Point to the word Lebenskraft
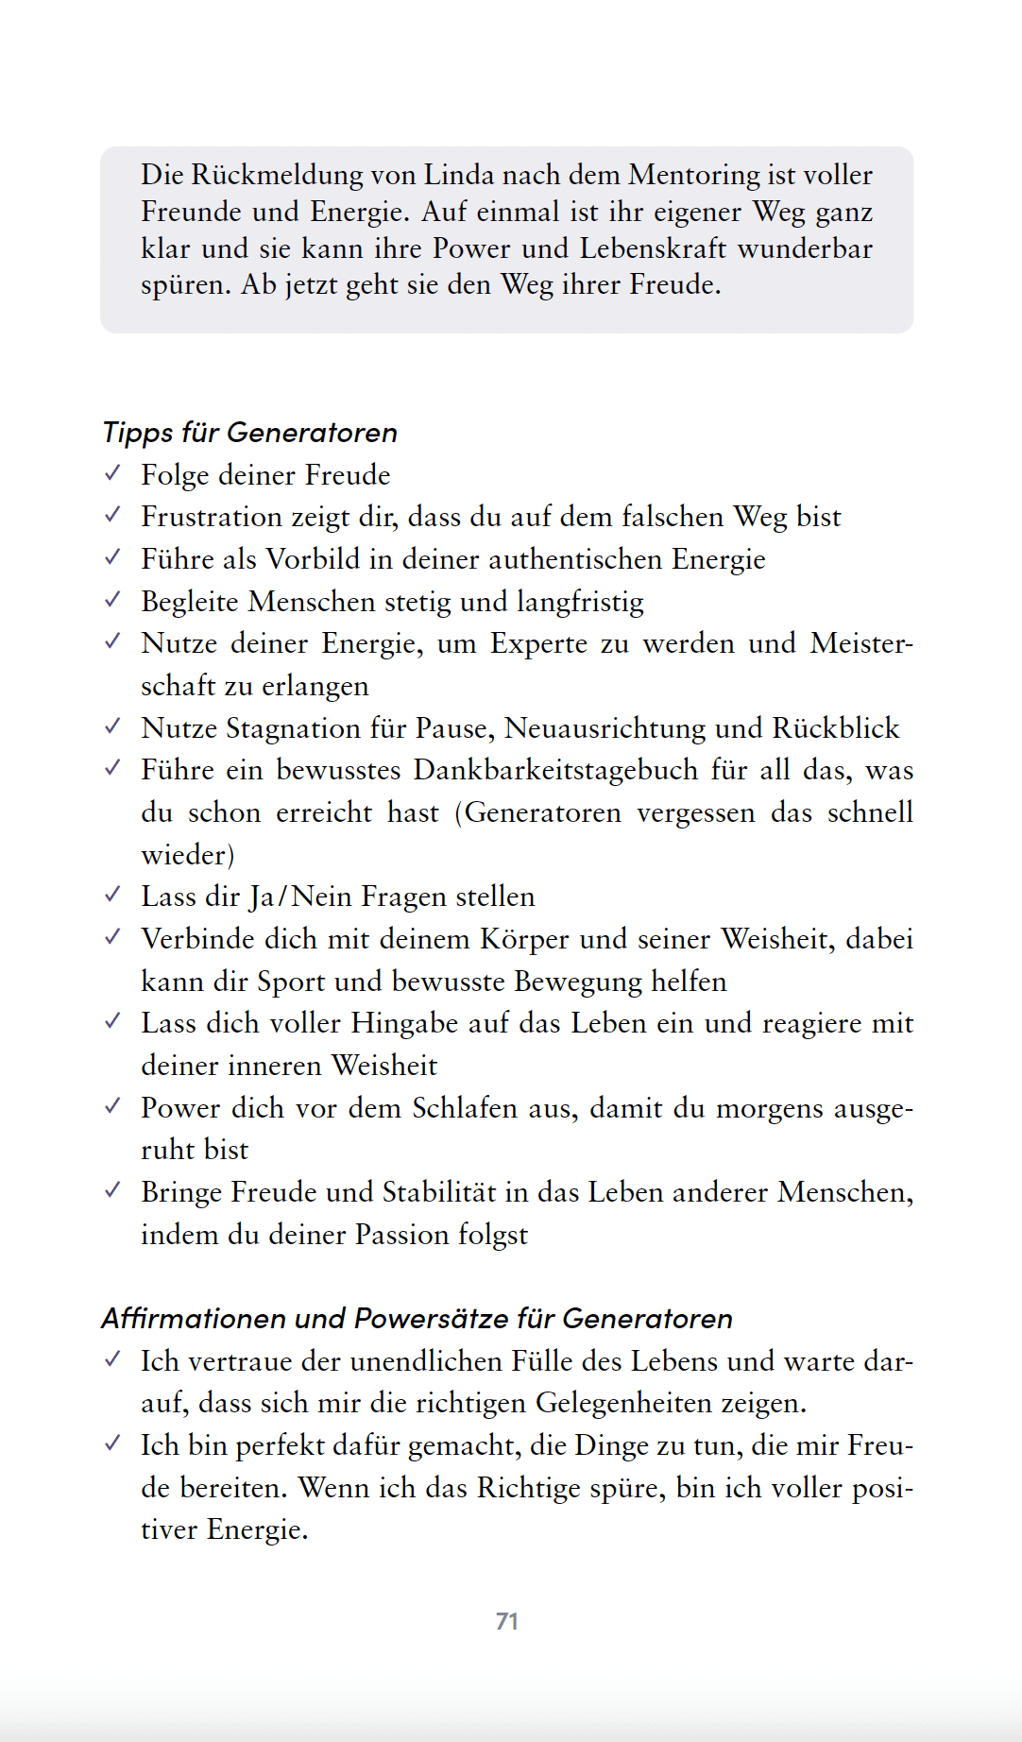tap(653, 248)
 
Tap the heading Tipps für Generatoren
tap(249, 433)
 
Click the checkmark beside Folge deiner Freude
tap(112, 473)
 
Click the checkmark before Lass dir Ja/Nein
tap(112, 895)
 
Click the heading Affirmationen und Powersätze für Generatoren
tap(417, 1319)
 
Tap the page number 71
tap(507, 1621)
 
